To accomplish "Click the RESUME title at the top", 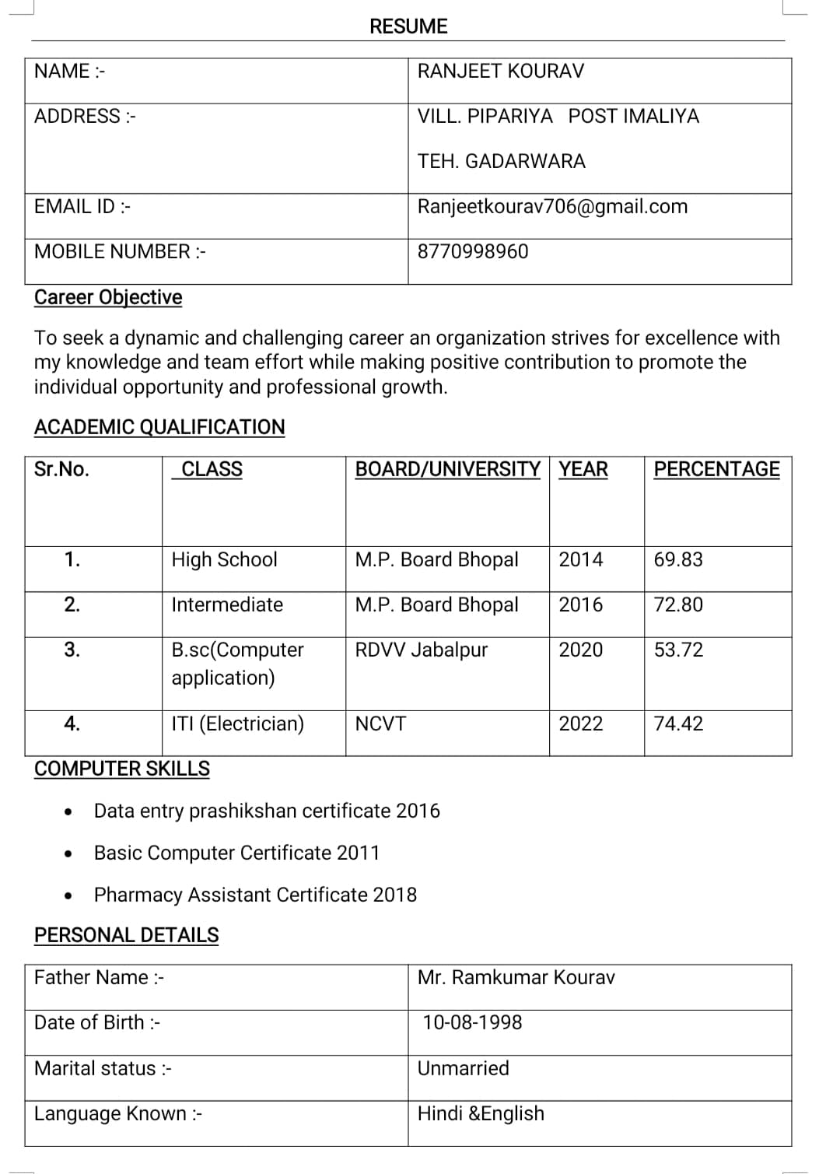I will point(408,26).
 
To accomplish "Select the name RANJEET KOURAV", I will point(500,72).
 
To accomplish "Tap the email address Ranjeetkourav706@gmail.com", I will point(552,207).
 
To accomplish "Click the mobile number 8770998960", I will point(473,252).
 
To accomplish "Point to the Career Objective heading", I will point(108,298).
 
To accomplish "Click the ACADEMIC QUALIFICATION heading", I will point(159,427).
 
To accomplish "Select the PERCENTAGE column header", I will point(716,469).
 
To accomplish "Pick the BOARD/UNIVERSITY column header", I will point(447,469).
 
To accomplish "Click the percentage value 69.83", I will point(678,560).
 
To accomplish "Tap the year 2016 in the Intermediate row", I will point(580,605).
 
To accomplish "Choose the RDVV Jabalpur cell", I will point(421,650).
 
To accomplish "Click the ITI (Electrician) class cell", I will point(237,724).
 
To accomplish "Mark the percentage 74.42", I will point(678,724).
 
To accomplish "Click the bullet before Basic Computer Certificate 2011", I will point(70,854).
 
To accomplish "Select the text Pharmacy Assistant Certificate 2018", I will point(255,895).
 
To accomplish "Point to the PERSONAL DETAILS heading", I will point(127,936).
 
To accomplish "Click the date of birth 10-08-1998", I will point(472,1023).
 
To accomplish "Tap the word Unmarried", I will point(463,1069).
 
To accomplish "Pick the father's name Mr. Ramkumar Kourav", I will point(516,978).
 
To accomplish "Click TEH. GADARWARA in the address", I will point(501,162).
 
